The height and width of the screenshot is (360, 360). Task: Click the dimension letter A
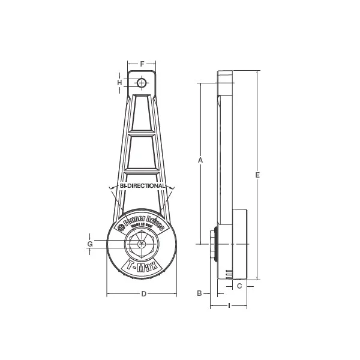pyautogui.click(x=200, y=160)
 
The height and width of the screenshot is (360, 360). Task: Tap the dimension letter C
pyautogui.click(x=239, y=286)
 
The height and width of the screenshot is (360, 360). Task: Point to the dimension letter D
pyautogui.click(x=143, y=293)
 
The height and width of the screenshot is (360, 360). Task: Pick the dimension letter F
pyautogui.click(x=142, y=63)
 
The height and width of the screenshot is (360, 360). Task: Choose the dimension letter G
pyautogui.click(x=89, y=244)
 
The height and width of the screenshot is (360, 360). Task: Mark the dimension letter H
pyautogui.click(x=120, y=82)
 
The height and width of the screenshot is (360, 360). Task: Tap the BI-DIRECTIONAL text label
pyautogui.click(x=142, y=187)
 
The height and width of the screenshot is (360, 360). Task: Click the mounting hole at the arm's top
pyautogui.click(x=142, y=82)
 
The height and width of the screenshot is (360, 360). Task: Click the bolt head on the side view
pyautogui.click(x=213, y=244)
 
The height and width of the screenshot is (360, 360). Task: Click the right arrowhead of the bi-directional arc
pyautogui.click(x=172, y=191)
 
